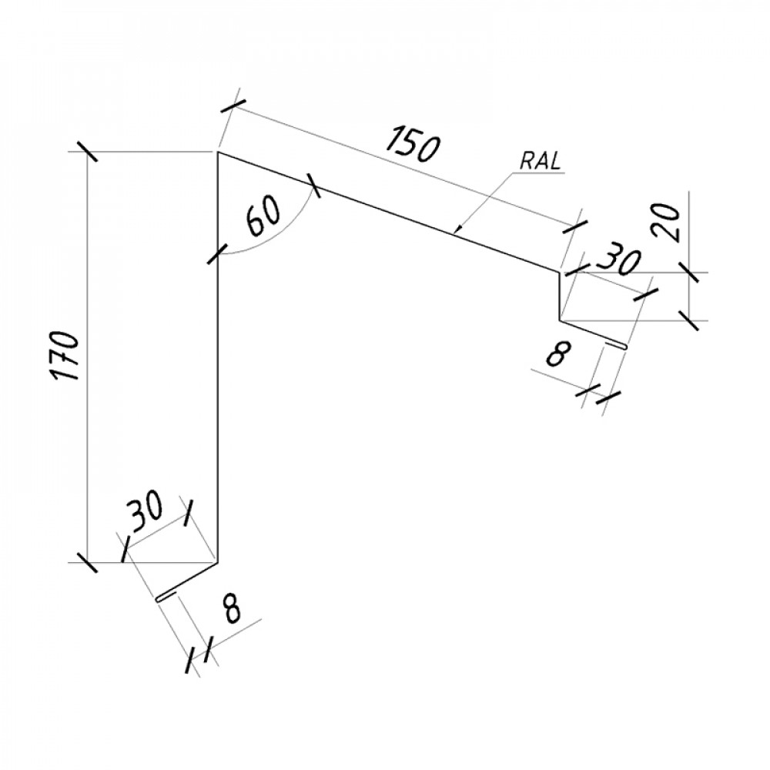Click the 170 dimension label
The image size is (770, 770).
(x=65, y=356)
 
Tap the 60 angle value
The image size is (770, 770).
(x=263, y=216)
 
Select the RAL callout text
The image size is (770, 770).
(x=541, y=162)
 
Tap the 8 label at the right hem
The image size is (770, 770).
(x=557, y=354)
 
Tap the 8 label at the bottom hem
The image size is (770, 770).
(x=231, y=608)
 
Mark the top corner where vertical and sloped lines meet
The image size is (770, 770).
(x=218, y=152)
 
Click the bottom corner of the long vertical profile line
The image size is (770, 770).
(x=217, y=564)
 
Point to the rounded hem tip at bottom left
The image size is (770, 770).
(x=158, y=599)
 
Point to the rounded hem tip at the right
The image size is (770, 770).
(x=624, y=346)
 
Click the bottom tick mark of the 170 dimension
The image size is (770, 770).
(x=86, y=562)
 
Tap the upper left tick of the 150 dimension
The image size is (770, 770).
(x=233, y=106)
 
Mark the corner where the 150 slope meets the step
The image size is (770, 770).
(x=559, y=272)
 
